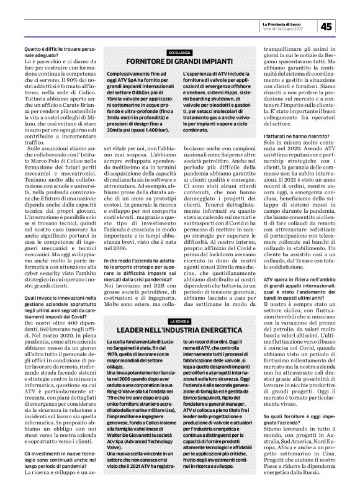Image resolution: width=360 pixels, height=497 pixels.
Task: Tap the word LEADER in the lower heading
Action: coord(133,329)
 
